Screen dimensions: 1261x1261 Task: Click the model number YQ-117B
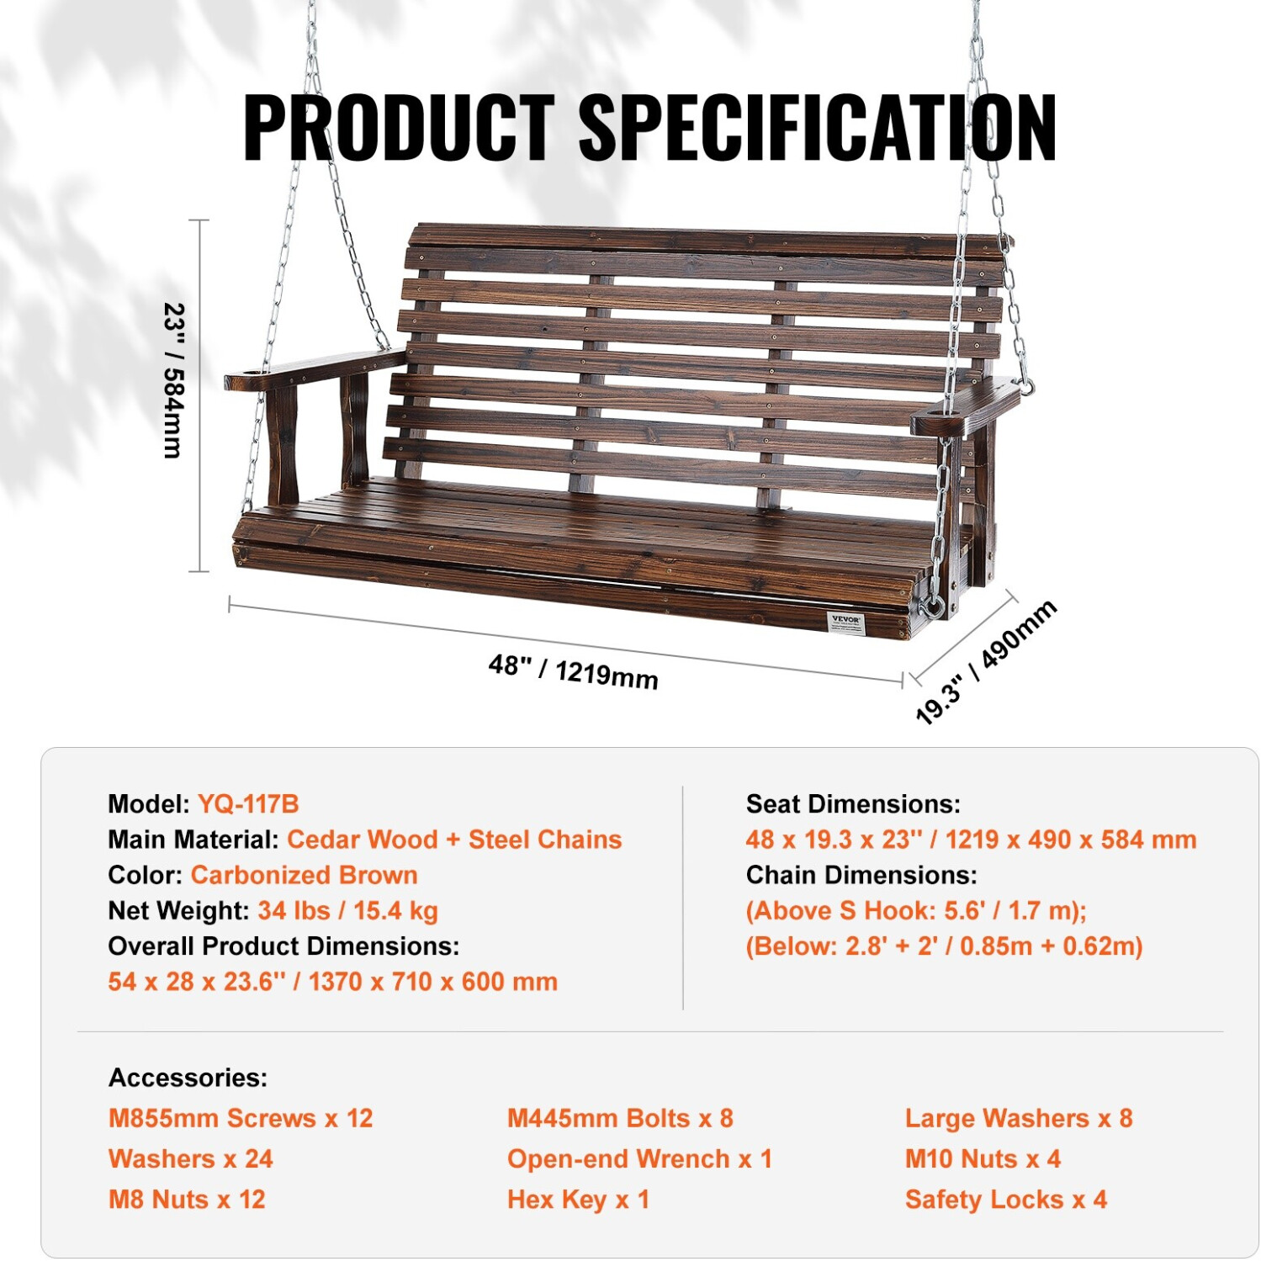pyautogui.click(x=247, y=803)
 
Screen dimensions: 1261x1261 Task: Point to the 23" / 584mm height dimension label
pyautogui.click(x=173, y=380)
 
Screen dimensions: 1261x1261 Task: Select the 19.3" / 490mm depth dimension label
pyautogui.click(x=986, y=662)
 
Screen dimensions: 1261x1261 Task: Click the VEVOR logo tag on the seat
pyautogui.click(x=845, y=623)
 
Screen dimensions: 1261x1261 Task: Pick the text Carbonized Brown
pyautogui.click(x=305, y=875)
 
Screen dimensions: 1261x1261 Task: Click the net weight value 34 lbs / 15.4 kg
pyautogui.click(x=347, y=910)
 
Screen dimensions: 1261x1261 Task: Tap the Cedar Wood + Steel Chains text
pyautogui.click(x=454, y=840)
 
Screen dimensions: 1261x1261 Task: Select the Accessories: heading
pyautogui.click(x=188, y=1078)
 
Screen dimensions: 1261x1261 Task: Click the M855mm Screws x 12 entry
pyautogui.click(x=241, y=1118)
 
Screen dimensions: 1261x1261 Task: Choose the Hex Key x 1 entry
pyautogui.click(x=578, y=1200)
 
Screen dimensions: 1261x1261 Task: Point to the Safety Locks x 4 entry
pyautogui.click(x=1006, y=1200)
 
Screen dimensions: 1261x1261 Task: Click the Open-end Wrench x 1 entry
pyautogui.click(x=639, y=1159)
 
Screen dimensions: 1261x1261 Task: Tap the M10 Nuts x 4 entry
pyautogui.click(x=983, y=1159)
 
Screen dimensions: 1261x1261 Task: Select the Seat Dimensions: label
pyautogui.click(x=853, y=804)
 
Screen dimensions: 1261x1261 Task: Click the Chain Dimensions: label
pyautogui.click(x=861, y=875)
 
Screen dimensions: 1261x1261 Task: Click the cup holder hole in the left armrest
pyautogui.click(x=246, y=371)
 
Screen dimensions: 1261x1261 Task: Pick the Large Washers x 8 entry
pyautogui.click(x=1019, y=1118)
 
